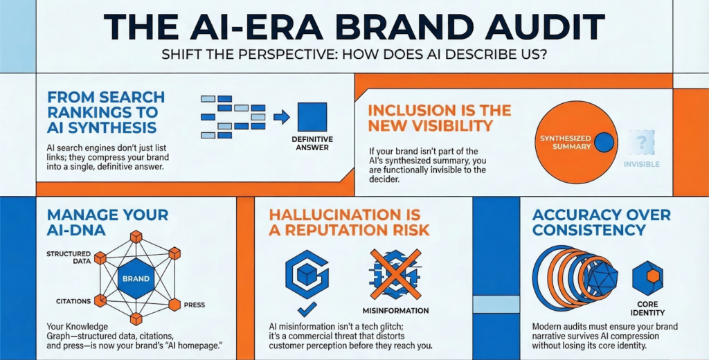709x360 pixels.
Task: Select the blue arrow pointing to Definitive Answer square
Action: pyautogui.click(x=281, y=117)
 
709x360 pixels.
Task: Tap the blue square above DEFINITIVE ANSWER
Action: pyautogui.click(x=312, y=117)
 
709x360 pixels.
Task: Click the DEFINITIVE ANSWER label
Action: pyautogui.click(x=312, y=143)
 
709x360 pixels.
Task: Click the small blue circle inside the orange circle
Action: pyautogui.click(x=604, y=143)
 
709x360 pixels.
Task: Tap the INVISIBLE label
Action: pyautogui.click(x=641, y=165)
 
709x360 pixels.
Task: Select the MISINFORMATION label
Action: pyautogui.click(x=395, y=310)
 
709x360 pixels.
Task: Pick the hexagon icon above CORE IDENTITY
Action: pyautogui.click(x=648, y=278)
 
